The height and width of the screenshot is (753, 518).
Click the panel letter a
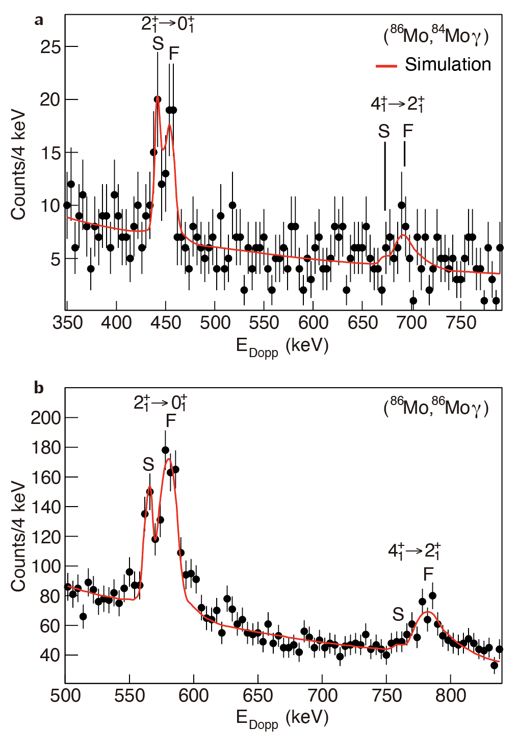[x=39, y=20]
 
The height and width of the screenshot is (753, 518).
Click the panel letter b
[x=39, y=388]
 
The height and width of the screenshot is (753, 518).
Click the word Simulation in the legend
[x=448, y=64]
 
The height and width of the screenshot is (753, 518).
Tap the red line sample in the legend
[x=386, y=65]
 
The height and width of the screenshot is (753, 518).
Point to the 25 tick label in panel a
[x=50, y=47]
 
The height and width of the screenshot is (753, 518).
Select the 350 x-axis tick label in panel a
[x=67, y=323]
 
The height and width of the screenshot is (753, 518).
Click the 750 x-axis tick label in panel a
[x=461, y=323]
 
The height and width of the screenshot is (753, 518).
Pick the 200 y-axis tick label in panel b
[x=46, y=418]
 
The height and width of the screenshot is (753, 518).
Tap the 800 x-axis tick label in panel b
[x=451, y=695]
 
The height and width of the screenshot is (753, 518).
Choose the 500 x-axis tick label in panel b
[x=65, y=695]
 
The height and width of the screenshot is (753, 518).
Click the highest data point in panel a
[x=158, y=99]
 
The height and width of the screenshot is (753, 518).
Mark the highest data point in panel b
[x=165, y=450]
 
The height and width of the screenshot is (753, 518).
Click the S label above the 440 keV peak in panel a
[x=158, y=44]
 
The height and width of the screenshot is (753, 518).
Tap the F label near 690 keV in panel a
[x=407, y=132]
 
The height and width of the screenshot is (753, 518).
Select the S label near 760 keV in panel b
[x=398, y=614]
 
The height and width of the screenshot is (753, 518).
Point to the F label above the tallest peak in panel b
[x=171, y=421]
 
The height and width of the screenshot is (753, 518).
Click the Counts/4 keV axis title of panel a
[x=18, y=164]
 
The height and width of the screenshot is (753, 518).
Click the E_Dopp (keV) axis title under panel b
[x=282, y=718]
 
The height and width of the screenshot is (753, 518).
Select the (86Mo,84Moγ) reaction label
[x=436, y=36]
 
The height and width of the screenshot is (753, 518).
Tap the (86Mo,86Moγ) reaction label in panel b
[x=436, y=408]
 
